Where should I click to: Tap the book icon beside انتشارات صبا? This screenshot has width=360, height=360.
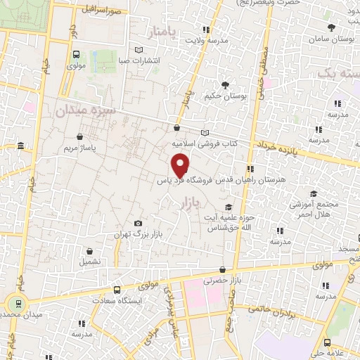139,49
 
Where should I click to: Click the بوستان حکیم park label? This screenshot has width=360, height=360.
226,95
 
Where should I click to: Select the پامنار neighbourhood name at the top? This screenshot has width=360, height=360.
166,32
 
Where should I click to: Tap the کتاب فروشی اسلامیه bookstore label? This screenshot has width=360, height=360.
206,143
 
